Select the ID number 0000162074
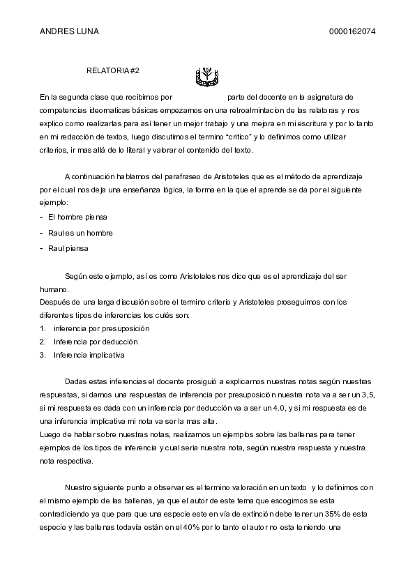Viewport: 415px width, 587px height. pyautogui.click(x=352, y=31)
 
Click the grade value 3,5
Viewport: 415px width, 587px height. pyautogui.click(x=368, y=395)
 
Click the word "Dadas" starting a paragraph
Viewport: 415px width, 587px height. pyautogui.click(x=76, y=382)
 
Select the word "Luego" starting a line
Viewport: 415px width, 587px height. pyautogui.click(x=51, y=434)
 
